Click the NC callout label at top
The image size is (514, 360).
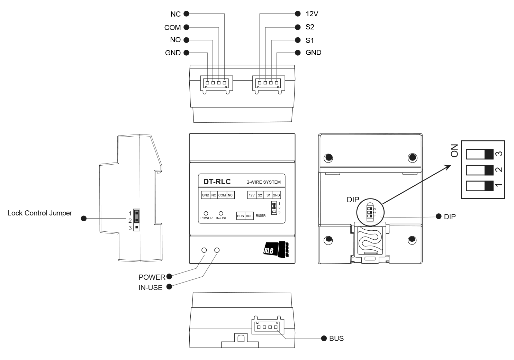coord(175,14)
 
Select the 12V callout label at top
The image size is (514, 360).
coord(312,14)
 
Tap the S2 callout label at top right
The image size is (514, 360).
coord(310,27)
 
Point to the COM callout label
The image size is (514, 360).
coord(172,27)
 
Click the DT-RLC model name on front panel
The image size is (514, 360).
coord(217,182)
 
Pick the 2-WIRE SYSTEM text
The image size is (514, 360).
coord(263,182)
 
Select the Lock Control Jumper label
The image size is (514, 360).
coord(40,213)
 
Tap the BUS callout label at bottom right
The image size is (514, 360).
coord(336,338)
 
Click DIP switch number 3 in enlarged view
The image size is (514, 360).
coord(479,154)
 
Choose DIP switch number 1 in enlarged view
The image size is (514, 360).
coord(479,186)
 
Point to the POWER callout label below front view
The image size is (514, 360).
coord(152,277)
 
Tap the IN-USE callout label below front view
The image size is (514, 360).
coord(151,287)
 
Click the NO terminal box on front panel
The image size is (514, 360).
coord(214,195)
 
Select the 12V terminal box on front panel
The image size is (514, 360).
coord(252,195)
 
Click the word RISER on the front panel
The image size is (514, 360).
coord(261,216)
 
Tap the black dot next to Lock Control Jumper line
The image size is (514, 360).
coord(83,219)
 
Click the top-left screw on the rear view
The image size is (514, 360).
coord(328,158)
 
